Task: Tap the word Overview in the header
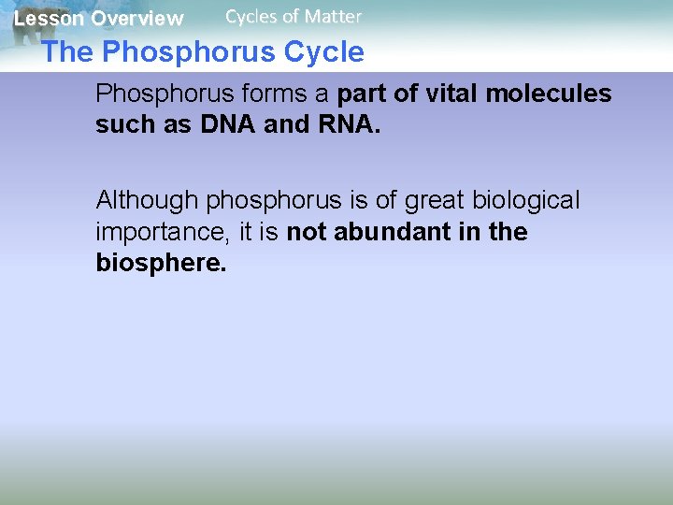pos(137,19)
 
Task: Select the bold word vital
pos(447,94)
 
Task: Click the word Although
pos(148,200)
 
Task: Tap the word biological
pos(527,200)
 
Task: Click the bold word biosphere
pos(161,264)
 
